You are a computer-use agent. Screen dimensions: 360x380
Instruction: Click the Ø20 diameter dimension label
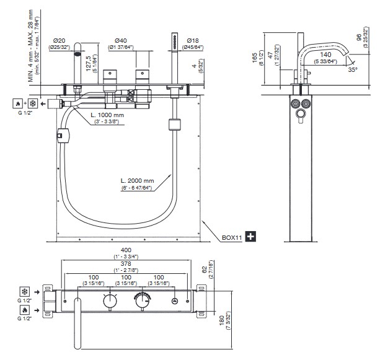pyautogui.click(x=60, y=40)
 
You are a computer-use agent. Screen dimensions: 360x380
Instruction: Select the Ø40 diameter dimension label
pyautogui.click(x=122, y=40)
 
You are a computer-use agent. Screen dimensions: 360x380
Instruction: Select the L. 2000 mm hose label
pyautogui.click(x=138, y=181)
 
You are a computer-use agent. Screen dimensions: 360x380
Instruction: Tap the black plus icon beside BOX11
pyautogui.click(x=250, y=236)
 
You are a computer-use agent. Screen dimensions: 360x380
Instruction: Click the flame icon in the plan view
pyautogui.click(x=24, y=309)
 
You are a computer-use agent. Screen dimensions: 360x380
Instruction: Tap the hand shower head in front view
pyautogui.click(x=175, y=42)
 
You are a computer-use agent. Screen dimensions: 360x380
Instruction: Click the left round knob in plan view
pyautogui.click(x=110, y=300)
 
